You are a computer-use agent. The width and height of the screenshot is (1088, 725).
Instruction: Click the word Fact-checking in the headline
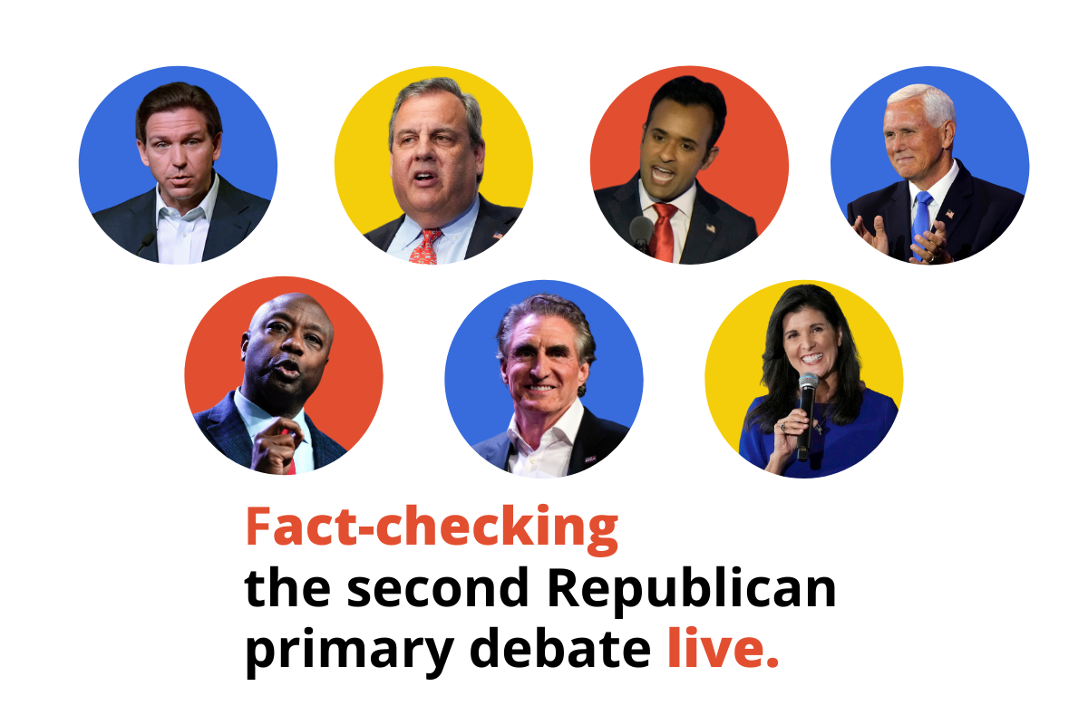pyautogui.click(x=432, y=528)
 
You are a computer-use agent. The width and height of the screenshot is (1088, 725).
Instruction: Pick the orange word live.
pyautogui.click(x=722, y=650)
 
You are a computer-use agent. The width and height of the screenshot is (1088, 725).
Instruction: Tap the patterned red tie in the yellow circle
pyautogui.click(x=426, y=246)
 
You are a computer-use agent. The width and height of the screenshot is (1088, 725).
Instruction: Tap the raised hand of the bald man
pyautogui.click(x=276, y=444)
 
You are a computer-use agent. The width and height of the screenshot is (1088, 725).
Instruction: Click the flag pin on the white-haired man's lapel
pyautogui.click(x=949, y=214)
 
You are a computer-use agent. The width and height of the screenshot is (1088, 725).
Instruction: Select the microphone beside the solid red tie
pyautogui.click(x=641, y=230)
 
